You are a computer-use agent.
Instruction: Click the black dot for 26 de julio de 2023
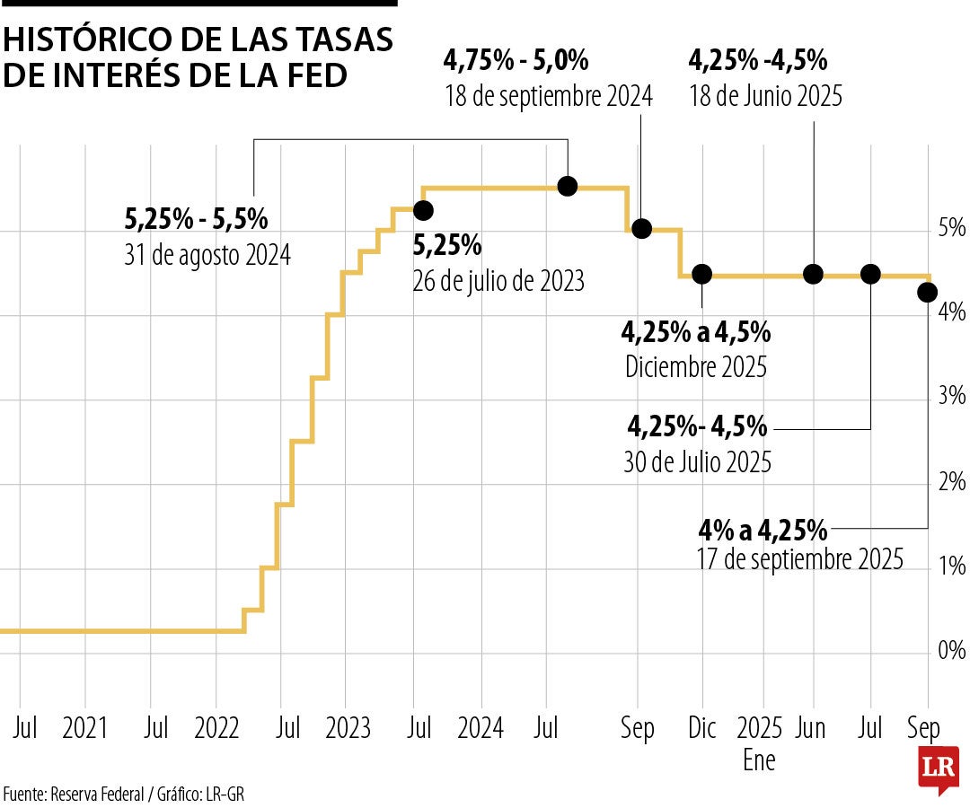point(423,210)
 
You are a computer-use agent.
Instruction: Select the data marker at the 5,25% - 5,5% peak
point(568,186)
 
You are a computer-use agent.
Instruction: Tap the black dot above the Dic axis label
point(701,274)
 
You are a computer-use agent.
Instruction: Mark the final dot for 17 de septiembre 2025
point(928,292)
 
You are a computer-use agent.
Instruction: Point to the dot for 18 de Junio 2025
point(813,274)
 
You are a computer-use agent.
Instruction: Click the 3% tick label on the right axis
point(951,396)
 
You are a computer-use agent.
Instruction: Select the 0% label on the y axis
point(951,650)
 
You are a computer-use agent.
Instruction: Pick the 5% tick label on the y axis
point(951,227)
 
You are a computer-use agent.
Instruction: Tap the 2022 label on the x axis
point(216,727)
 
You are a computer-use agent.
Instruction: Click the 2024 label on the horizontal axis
point(480,727)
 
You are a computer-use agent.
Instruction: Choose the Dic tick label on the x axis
point(701,727)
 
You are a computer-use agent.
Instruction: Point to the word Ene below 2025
point(759,760)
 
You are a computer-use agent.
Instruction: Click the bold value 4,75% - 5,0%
point(516,61)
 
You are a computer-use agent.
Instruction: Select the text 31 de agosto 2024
point(207,256)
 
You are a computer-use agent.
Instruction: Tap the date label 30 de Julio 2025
point(697,462)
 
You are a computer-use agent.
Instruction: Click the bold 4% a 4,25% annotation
point(763,530)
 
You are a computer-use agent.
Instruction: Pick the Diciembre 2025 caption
point(696,366)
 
